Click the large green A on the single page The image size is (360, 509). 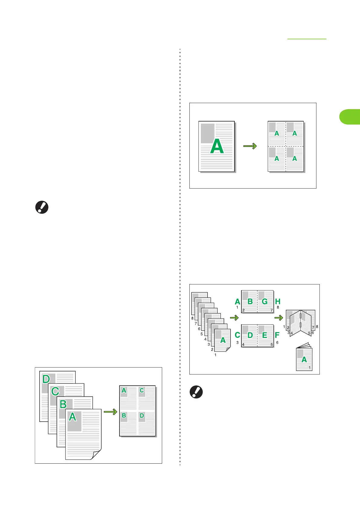tap(217, 147)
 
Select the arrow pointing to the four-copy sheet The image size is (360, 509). tap(250, 146)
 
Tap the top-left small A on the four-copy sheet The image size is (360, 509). tap(277, 133)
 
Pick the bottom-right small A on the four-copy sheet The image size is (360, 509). tap(295, 158)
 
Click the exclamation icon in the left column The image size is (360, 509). tap(42, 208)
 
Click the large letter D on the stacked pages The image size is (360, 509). tap(46, 379)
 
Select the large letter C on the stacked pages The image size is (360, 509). tap(55, 391)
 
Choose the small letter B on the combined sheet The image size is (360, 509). tap(124, 415)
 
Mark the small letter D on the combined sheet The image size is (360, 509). tap(142, 415)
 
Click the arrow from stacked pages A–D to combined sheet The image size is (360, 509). tap(110, 412)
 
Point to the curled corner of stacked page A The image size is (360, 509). tap(97, 455)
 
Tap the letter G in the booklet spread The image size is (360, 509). tap(265, 301)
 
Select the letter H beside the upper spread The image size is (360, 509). tap(278, 301)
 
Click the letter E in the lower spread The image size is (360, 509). tap(265, 335)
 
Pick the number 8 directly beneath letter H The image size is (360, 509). tap(278, 307)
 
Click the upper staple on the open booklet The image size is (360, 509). tap(300, 316)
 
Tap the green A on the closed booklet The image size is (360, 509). tap(304, 359)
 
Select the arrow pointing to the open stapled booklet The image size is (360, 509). tap(279, 318)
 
